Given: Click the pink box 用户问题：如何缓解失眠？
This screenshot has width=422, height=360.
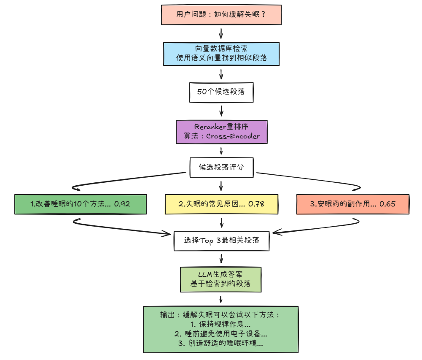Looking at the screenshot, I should tap(221, 15).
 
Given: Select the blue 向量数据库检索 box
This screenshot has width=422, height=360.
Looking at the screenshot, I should tap(221, 54).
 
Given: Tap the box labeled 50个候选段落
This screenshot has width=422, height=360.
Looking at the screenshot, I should tap(221, 92).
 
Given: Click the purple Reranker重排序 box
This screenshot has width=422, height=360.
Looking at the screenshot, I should tap(221, 131).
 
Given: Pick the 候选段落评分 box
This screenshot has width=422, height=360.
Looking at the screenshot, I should tap(221, 167).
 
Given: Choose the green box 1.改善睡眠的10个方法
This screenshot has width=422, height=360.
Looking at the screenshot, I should tap(80, 204).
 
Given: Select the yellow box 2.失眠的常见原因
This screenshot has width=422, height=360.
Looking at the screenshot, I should tap(221, 204).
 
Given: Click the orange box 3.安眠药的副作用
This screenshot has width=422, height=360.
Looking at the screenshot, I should tap(353, 204).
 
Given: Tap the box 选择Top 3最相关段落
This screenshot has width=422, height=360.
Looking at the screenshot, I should tap(221, 240).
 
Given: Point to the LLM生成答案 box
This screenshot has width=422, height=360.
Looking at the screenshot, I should tap(221, 279).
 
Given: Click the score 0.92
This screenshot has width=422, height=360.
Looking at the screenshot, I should tap(122, 204).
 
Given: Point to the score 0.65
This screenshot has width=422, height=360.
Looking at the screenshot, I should tap(387, 204).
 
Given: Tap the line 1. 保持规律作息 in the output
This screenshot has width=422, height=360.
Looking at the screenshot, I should tap(220, 325).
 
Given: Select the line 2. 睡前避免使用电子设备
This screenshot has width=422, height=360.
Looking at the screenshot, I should tap(220, 334).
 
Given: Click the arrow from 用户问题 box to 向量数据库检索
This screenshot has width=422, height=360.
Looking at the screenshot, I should tap(221, 33).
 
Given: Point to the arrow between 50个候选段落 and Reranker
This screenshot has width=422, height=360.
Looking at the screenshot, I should tap(221, 111).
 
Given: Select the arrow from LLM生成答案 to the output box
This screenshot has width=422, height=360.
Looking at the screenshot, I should tap(221, 299).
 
